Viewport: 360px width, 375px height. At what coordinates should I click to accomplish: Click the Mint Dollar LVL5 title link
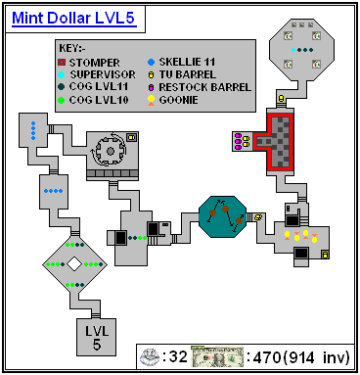[74, 19]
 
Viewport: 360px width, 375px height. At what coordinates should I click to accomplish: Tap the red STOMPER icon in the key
[62, 62]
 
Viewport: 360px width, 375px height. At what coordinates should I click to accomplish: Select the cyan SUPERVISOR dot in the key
[62, 74]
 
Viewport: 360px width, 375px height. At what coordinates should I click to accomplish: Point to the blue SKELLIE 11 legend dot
[151, 62]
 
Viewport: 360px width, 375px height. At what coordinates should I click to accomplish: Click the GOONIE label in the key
[178, 100]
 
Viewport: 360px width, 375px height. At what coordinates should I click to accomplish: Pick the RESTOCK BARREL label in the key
[205, 87]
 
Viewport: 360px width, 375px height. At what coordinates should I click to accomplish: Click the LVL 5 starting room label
[97, 338]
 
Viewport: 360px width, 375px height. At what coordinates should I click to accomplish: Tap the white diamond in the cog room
[74, 264]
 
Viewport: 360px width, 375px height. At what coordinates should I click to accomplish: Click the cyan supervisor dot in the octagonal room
[293, 50]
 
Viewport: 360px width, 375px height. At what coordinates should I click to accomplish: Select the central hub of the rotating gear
[111, 151]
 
